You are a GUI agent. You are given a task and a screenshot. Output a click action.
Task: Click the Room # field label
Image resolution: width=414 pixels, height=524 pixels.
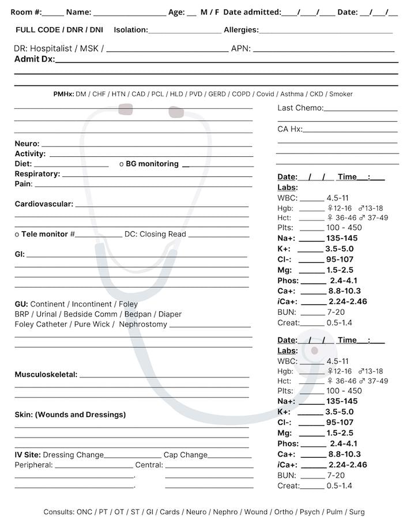[x=26, y=12]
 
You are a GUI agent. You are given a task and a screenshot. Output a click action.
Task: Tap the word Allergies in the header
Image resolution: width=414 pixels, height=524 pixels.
[x=240, y=30]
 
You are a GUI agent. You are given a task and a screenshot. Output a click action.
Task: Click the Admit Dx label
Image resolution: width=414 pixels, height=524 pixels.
[x=34, y=59]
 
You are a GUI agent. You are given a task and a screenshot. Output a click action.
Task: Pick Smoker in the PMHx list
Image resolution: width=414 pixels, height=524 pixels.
[x=340, y=94]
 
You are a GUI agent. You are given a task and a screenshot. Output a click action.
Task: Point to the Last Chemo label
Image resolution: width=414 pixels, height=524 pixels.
[x=300, y=108]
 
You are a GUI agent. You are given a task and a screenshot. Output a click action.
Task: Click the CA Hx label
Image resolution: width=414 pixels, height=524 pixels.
[x=289, y=129]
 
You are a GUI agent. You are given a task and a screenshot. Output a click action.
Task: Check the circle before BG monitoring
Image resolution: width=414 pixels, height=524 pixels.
[x=121, y=164]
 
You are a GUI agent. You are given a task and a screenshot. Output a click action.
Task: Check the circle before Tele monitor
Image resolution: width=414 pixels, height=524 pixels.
[x=17, y=235]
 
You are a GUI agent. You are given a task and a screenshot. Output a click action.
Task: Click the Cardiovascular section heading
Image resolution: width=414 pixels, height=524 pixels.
[x=44, y=204]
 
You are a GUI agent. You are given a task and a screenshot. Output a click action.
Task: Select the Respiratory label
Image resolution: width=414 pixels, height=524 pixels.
[x=37, y=174]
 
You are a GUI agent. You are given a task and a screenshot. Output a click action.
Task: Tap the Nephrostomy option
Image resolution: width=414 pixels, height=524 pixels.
[x=143, y=324]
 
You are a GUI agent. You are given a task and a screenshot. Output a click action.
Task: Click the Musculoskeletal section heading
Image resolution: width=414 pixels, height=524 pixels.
[x=46, y=375]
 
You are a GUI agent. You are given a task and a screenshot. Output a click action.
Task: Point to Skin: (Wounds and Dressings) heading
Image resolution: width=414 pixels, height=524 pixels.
[x=70, y=414]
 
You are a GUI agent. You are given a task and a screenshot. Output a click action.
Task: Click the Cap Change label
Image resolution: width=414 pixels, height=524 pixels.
[x=185, y=455]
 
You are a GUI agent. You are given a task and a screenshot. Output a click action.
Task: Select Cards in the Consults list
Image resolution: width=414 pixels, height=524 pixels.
[x=170, y=512]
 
